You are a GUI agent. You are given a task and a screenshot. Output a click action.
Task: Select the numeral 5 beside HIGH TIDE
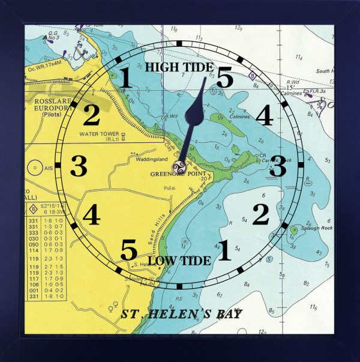click(224, 78)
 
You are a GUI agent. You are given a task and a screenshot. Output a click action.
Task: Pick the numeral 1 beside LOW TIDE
click(223, 251)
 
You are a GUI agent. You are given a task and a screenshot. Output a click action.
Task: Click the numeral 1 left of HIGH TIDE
click(125, 78)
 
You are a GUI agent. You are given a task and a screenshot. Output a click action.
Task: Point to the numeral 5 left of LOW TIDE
click(128, 250)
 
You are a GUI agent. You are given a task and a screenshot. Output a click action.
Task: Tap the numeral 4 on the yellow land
click(91, 215)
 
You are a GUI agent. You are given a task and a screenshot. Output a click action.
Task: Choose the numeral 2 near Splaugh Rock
click(260, 214)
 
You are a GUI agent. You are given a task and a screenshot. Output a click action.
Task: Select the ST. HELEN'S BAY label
click(181, 314)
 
